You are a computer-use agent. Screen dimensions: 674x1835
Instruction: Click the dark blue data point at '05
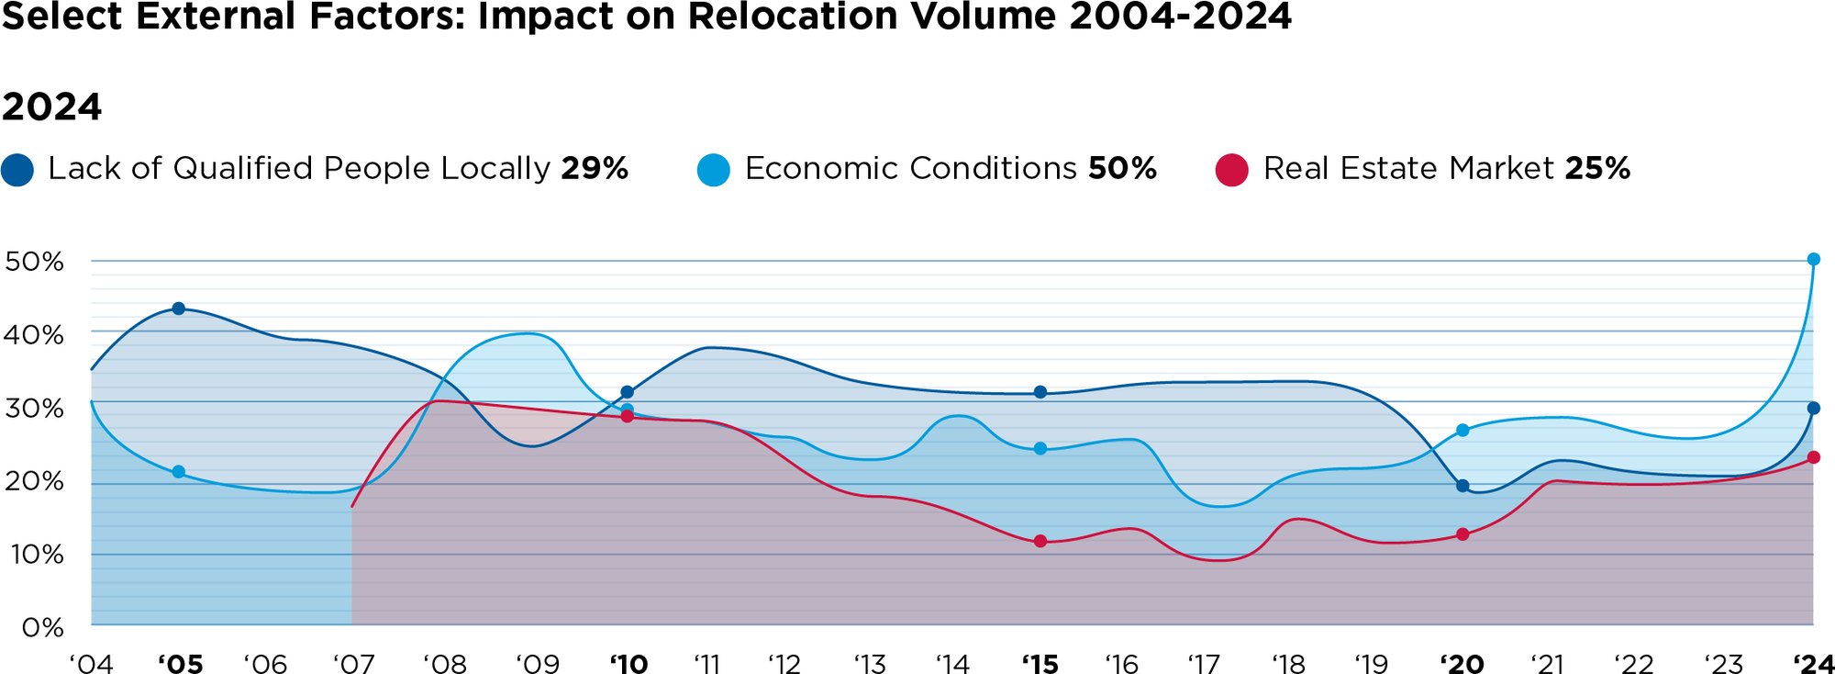pos(179,309)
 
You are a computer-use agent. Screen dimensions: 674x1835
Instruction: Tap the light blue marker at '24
pos(1813,260)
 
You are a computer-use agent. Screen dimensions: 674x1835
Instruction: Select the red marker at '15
pos(1040,541)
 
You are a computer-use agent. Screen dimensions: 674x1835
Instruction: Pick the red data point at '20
pos(1462,534)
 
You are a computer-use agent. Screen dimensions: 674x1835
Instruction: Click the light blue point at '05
pos(179,472)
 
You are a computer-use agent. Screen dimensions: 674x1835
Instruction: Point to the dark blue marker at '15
pos(1040,392)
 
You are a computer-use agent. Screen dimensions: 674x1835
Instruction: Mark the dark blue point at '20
pos(1462,486)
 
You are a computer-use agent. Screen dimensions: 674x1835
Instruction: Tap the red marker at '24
pos(1813,457)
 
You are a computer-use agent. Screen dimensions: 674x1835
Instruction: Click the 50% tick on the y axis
pos(34,262)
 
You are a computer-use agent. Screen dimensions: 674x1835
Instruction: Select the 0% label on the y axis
pos(42,628)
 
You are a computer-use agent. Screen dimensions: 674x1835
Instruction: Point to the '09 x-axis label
pos(538,664)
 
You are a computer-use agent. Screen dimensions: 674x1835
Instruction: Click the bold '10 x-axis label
pos(629,664)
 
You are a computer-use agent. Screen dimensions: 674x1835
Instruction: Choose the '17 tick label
pos(1204,664)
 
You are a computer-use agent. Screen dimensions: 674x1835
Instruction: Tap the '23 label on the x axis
pos(1723,664)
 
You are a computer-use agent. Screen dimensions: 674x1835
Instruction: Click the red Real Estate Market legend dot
pos(1231,170)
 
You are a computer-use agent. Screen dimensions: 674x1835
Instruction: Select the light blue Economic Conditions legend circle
pos(713,170)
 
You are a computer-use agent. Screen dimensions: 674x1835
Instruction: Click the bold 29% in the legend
pos(595,168)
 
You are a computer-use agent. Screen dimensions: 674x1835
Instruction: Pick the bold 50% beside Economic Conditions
pos(1122,168)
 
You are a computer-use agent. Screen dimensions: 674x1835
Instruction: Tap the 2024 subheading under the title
pos(51,107)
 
